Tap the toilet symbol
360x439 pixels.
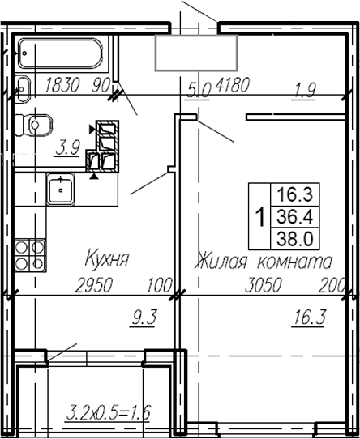point(34,124)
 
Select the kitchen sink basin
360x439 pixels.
point(59,190)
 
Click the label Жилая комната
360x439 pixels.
point(263,262)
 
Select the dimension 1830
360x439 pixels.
point(64,84)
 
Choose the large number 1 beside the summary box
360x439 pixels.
point(259,217)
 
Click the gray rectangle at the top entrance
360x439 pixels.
point(195,53)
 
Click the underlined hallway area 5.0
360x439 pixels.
point(199,88)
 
